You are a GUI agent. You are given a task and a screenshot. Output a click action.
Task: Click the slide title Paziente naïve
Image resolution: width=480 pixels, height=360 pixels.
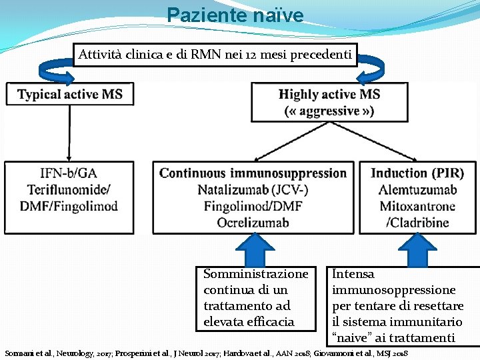(235, 15)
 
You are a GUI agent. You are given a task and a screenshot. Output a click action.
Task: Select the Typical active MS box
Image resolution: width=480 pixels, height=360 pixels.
(70, 94)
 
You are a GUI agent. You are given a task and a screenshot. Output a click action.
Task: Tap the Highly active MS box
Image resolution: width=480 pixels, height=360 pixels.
(329, 102)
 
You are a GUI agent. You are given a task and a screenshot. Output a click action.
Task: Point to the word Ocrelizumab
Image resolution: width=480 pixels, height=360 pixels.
(253, 222)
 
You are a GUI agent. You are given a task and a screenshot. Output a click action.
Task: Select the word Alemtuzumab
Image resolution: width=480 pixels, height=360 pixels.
(417, 190)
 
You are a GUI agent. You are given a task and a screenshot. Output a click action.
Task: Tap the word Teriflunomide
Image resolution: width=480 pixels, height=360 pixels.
(67, 189)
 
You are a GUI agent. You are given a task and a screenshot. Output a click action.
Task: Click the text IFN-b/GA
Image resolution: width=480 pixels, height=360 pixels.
(68, 173)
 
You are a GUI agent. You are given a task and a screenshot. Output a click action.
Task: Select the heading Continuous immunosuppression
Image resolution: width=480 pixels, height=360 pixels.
(253, 173)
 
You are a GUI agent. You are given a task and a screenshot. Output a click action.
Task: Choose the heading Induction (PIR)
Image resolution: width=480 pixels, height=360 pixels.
(417, 173)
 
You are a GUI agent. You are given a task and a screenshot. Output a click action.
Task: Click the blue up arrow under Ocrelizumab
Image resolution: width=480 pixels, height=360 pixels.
(251, 249)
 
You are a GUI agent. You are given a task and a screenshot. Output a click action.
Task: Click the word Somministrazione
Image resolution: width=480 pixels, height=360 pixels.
(255, 274)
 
